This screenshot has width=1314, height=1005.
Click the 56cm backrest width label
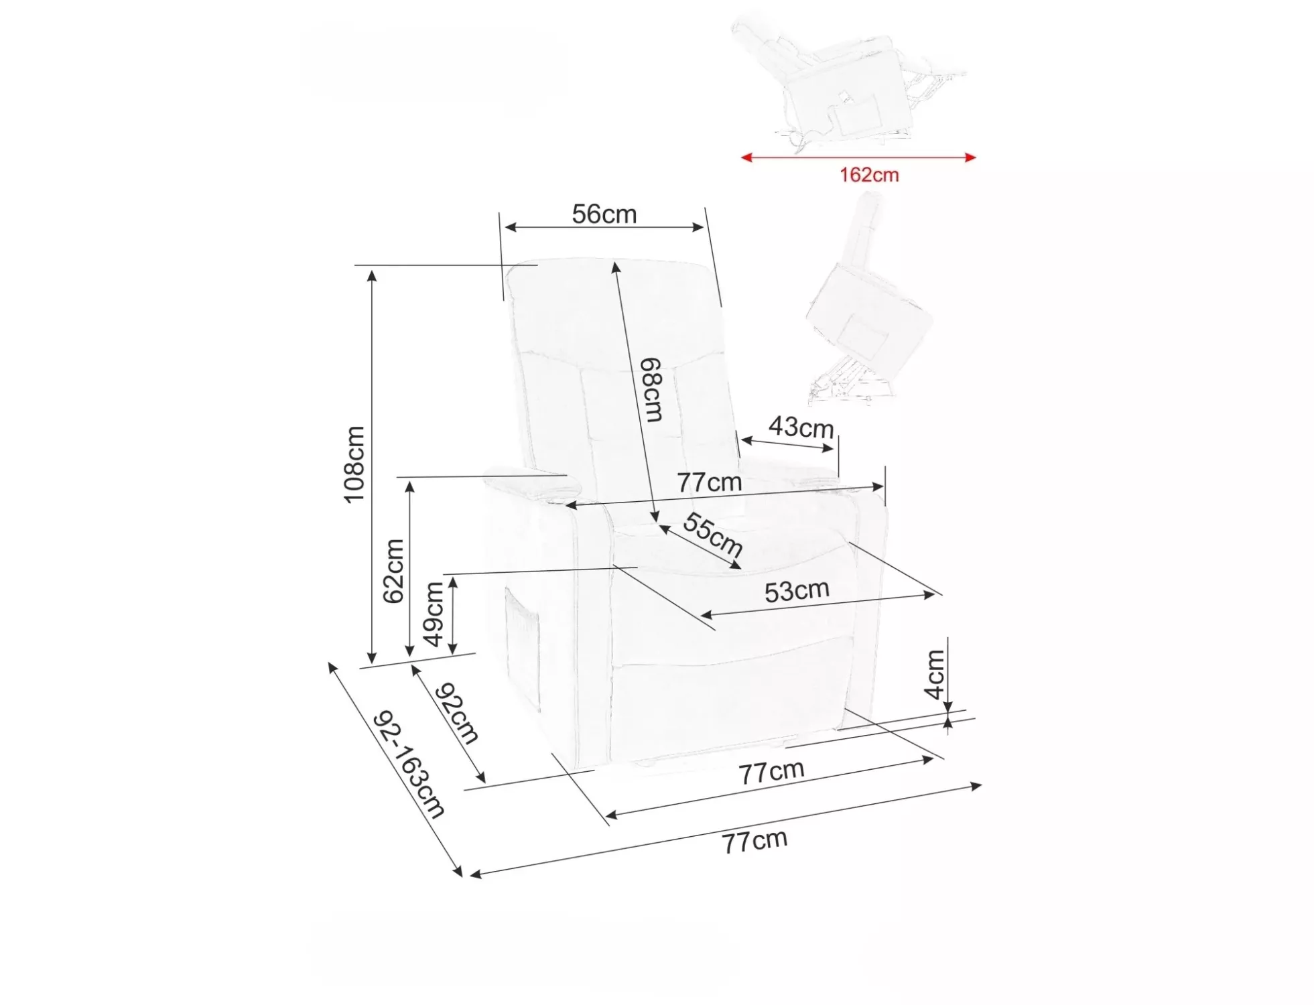click(x=604, y=214)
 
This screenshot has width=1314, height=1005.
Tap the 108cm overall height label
click(x=354, y=464)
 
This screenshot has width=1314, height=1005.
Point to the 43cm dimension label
click(x=801, y=427)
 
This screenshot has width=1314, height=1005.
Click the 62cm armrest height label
click(x=393, y=571)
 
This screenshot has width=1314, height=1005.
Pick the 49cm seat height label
click(x=434, y=614)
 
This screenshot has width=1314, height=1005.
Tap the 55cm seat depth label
click(x=712, y=534)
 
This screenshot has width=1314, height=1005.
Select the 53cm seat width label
click(x=797, y=591)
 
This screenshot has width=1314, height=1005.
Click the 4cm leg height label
click(x=934, y=674)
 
